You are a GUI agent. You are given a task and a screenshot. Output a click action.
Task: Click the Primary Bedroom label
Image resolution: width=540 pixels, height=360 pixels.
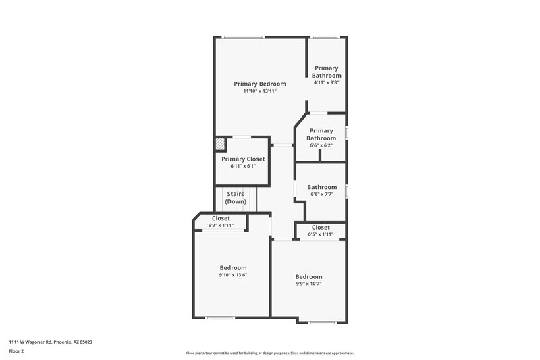[260, 84]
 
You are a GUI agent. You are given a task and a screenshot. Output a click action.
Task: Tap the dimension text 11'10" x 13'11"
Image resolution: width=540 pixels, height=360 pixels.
[260, 91]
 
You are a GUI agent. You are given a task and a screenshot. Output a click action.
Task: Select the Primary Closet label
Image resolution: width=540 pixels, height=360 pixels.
[243, 159]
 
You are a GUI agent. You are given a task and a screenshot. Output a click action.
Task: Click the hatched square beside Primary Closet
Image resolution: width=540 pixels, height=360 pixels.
[221, 145]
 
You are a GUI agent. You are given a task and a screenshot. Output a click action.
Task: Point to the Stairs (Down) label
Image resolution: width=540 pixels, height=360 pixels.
[236, 198]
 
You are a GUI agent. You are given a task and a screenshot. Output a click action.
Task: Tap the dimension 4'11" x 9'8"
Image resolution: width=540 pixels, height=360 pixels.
[326, 82]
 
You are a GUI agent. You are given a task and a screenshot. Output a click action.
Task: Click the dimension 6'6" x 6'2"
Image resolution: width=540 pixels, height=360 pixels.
[321, 145]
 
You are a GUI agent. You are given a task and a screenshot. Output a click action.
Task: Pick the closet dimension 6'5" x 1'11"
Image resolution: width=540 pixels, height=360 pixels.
[321, 234]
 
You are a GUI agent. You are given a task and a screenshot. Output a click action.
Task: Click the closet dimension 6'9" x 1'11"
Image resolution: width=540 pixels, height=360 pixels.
[221, 225]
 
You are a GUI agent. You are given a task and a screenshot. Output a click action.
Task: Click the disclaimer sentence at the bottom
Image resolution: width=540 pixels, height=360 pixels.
[269, 353]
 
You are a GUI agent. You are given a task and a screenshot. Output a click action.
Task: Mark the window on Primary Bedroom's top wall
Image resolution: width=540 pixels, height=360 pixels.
[244, 37]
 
